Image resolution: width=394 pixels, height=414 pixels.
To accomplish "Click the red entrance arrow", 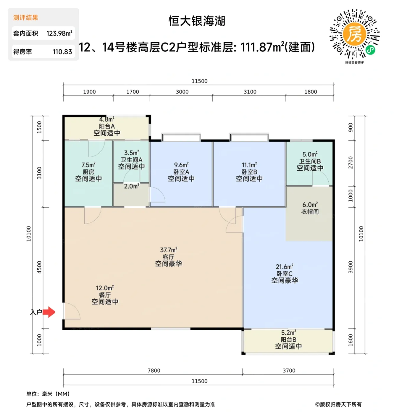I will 49,312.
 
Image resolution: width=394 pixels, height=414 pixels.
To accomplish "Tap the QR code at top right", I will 354,34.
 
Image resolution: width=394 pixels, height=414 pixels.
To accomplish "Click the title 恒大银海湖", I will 197,21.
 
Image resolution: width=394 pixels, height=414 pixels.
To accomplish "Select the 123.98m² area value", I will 59,33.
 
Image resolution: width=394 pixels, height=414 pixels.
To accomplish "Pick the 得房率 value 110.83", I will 62,52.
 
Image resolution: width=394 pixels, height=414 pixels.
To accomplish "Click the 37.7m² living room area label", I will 169,250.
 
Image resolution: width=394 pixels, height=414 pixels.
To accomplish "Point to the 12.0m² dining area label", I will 105,288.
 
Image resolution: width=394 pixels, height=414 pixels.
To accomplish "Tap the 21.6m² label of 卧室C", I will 285,267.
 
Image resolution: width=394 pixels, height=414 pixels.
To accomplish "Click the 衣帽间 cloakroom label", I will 310,212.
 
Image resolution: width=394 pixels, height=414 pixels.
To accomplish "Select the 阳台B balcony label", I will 288,340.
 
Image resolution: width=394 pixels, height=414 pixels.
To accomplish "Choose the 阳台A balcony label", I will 107,126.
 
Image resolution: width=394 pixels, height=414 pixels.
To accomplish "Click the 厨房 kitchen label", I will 88,172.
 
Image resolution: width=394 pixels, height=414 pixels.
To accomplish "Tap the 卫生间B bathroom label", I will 310,161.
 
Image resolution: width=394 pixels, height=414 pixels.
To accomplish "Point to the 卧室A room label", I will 181,172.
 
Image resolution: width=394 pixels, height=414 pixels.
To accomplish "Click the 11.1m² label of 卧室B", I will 249,165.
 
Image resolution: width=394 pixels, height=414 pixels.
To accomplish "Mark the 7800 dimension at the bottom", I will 154,371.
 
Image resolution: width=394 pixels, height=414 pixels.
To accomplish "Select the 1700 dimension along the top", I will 133,92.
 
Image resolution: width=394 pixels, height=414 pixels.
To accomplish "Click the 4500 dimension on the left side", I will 39,267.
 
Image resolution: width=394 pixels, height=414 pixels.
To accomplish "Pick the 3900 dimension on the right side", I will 351,267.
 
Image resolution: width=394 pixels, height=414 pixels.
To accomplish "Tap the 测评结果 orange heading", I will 26,18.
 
